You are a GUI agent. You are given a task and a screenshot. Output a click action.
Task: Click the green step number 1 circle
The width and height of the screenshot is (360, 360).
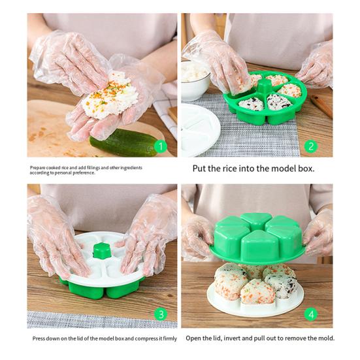point(161,146)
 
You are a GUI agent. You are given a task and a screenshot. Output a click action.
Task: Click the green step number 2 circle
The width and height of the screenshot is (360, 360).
point(311,146)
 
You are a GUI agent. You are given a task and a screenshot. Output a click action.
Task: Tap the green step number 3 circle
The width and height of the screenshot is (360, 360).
point(161,314)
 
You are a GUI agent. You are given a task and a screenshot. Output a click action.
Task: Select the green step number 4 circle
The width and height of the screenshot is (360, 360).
point(311,314)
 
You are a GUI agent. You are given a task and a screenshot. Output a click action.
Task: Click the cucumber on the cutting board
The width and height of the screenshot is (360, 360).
point(124,143)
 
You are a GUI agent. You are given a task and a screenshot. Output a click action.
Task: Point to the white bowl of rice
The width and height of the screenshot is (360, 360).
point(195,79)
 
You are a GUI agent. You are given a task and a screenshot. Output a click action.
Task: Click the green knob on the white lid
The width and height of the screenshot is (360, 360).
point(102,251)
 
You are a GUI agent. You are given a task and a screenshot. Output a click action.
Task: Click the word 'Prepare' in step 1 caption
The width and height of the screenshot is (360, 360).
point(38,168)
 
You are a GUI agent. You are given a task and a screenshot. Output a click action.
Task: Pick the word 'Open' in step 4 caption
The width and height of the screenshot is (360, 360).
point(192,338)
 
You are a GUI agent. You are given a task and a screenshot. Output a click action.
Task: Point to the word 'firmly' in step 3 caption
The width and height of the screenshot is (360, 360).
point(170,338)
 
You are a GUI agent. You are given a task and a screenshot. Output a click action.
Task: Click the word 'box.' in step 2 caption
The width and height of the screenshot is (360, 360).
point(306,169)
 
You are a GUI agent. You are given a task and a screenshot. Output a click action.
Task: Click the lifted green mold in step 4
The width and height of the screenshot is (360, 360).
point(257,238)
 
